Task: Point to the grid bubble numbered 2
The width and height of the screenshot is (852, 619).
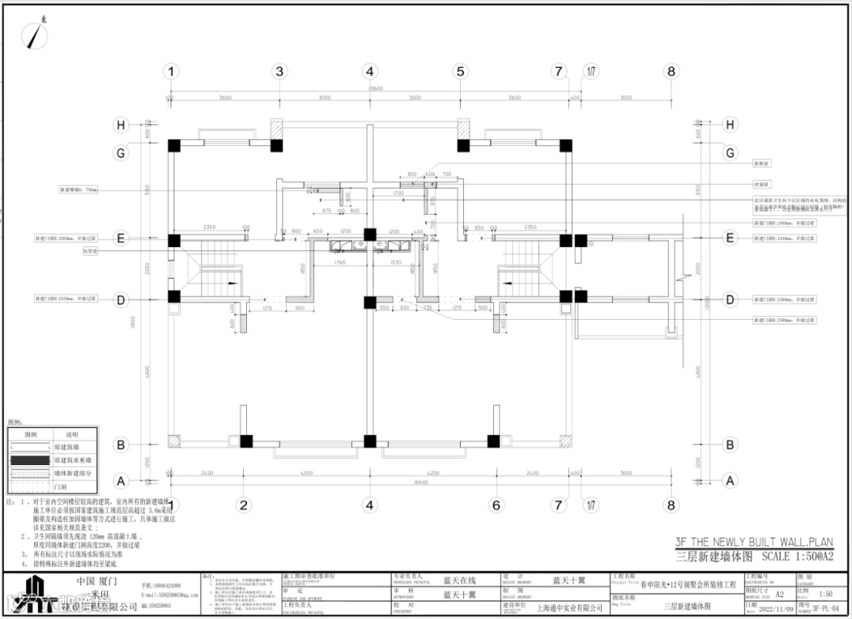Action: [x=245, y=505]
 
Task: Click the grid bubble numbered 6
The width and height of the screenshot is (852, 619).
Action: [x=495, y=505]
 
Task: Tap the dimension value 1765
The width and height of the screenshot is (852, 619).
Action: [x=340, y=262]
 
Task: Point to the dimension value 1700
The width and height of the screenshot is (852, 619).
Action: [x=398, y=193]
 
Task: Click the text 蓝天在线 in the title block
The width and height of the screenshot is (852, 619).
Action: [x=459, y=580]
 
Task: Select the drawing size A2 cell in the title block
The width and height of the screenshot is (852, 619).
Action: [x=779, y=594]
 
